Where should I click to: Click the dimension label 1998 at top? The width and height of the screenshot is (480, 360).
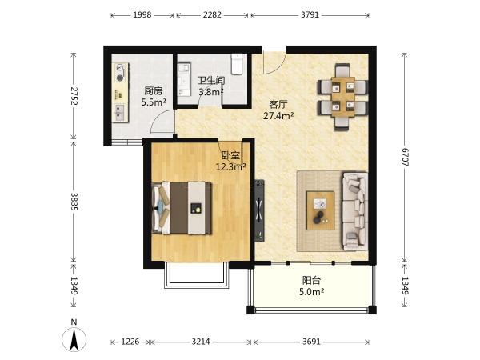click(142, 14)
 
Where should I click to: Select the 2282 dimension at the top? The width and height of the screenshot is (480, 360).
click(212, 14)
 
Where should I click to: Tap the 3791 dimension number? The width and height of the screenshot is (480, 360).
click(310, 14)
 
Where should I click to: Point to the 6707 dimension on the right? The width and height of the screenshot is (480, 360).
click(405, 157)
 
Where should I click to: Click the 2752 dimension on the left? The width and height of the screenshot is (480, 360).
click(74, 96)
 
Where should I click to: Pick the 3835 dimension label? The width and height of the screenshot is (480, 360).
click(74, 202)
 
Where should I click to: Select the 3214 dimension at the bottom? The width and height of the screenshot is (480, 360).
click(201, 342)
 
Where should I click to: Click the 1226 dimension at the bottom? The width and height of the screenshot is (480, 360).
click(130, 342)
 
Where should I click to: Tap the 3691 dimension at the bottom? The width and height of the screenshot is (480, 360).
click(311, 342)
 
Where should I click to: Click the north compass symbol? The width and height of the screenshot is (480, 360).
click(74, 336)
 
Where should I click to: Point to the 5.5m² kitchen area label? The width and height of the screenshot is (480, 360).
click(154, 102)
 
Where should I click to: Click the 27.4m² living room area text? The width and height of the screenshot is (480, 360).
click(278, 116)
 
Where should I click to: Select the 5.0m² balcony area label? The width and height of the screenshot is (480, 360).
click(312, 292)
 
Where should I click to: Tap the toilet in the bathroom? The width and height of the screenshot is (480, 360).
click(237, 64)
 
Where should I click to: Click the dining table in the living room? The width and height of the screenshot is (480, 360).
click(343, 97)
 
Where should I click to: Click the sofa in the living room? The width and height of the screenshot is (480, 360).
click(355, 211)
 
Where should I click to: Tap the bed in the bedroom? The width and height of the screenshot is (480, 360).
click(182, 208)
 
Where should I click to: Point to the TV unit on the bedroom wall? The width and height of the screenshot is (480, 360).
click(259, 210)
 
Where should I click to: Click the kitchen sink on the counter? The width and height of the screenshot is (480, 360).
click(120, 112)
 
